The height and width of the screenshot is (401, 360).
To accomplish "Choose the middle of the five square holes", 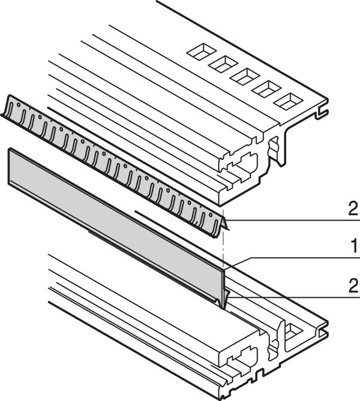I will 244,75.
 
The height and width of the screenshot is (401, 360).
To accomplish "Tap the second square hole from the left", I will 221,64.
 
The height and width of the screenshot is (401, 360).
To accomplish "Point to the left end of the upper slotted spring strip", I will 7,108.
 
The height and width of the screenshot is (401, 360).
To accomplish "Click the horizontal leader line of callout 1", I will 294,257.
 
